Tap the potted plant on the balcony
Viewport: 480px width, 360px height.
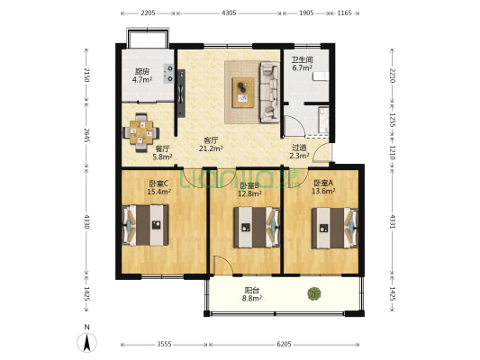[314, 293]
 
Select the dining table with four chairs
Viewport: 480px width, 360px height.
[140, 132]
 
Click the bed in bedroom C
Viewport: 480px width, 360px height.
[145, 225]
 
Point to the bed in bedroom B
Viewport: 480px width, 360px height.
[257, 228]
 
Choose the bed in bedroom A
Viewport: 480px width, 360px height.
[335, 228]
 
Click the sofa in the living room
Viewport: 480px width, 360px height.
[269, 92]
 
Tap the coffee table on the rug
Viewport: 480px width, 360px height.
[243, 93]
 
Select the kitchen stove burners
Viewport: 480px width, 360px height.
[168, 74]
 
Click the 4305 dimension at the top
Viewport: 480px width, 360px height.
[229, 13]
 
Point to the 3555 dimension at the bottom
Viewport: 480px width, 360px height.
[164, 345]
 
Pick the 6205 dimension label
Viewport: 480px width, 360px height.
[284, 345]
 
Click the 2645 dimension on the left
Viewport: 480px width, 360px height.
[87, 135]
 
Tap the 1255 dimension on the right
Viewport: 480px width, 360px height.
[393, 121]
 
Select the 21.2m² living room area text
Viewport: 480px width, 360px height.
[211, 148]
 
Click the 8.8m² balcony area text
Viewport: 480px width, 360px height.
[252, 299]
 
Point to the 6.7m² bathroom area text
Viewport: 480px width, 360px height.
[303, 67]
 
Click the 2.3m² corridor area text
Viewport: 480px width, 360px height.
[299, 156]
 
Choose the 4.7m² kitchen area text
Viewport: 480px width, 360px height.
[142, 80]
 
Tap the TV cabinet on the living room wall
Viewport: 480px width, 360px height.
[181, 94]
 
